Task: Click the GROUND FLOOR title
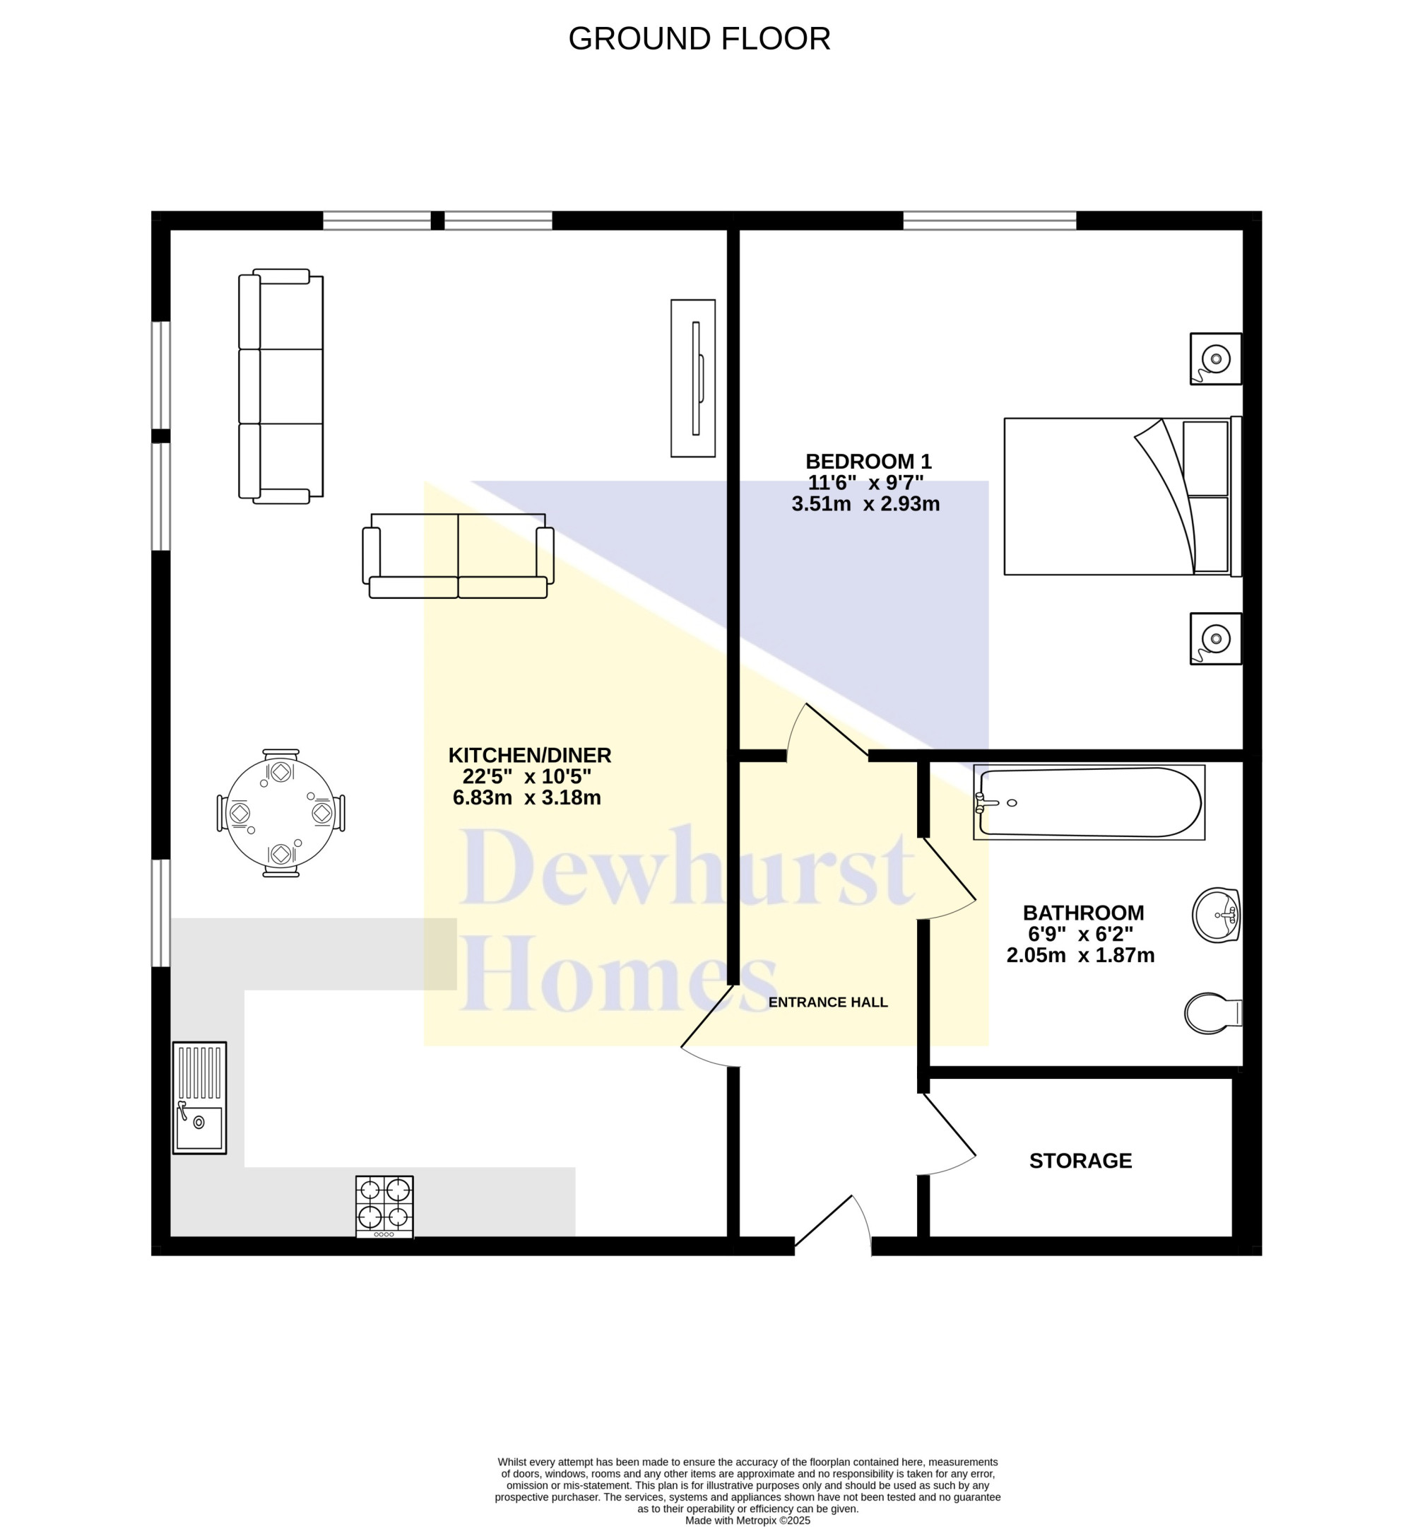tap(699, 39)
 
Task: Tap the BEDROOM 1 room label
tap(868, 462)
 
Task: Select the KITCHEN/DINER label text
tap(529, 755)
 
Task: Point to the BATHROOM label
tap(1084, 913)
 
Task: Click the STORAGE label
tap(1080, 1161)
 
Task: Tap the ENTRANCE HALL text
tap(828, 1002)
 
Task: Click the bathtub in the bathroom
tap(1089, 802)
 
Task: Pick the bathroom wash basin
tap(1216, 914)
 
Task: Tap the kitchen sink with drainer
tap(199, 1098)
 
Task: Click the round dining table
tap(280, 812)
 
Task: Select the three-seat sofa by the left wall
tap(280, 386)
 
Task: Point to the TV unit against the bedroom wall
tap(693, 379)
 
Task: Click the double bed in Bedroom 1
tap(1123, 496)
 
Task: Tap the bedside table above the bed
tap(1216, 359)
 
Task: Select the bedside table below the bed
tap(1216, 639)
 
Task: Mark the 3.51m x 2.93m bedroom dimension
tap(865, 504)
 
